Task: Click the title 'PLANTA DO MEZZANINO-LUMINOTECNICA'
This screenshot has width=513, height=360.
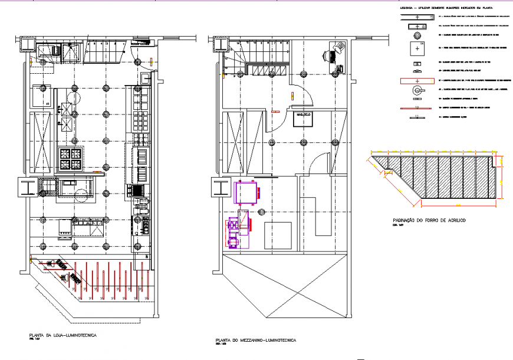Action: tap(256, 341)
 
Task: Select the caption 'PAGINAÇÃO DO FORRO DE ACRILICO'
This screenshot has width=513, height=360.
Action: tap(429, 220)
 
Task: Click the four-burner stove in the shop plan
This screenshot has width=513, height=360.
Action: tap(71, 158)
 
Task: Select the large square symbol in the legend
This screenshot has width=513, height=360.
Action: tap(418, 47)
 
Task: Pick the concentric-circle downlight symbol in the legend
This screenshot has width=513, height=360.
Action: tap(418, 34)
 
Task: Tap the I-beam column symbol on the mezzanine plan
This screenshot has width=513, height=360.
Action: tap(220, 188)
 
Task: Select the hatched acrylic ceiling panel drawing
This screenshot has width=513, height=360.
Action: tap(435, 177)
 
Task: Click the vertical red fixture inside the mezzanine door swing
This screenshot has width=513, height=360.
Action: tap(293, 94)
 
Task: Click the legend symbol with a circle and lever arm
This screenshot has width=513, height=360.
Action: tap(418, 90)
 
